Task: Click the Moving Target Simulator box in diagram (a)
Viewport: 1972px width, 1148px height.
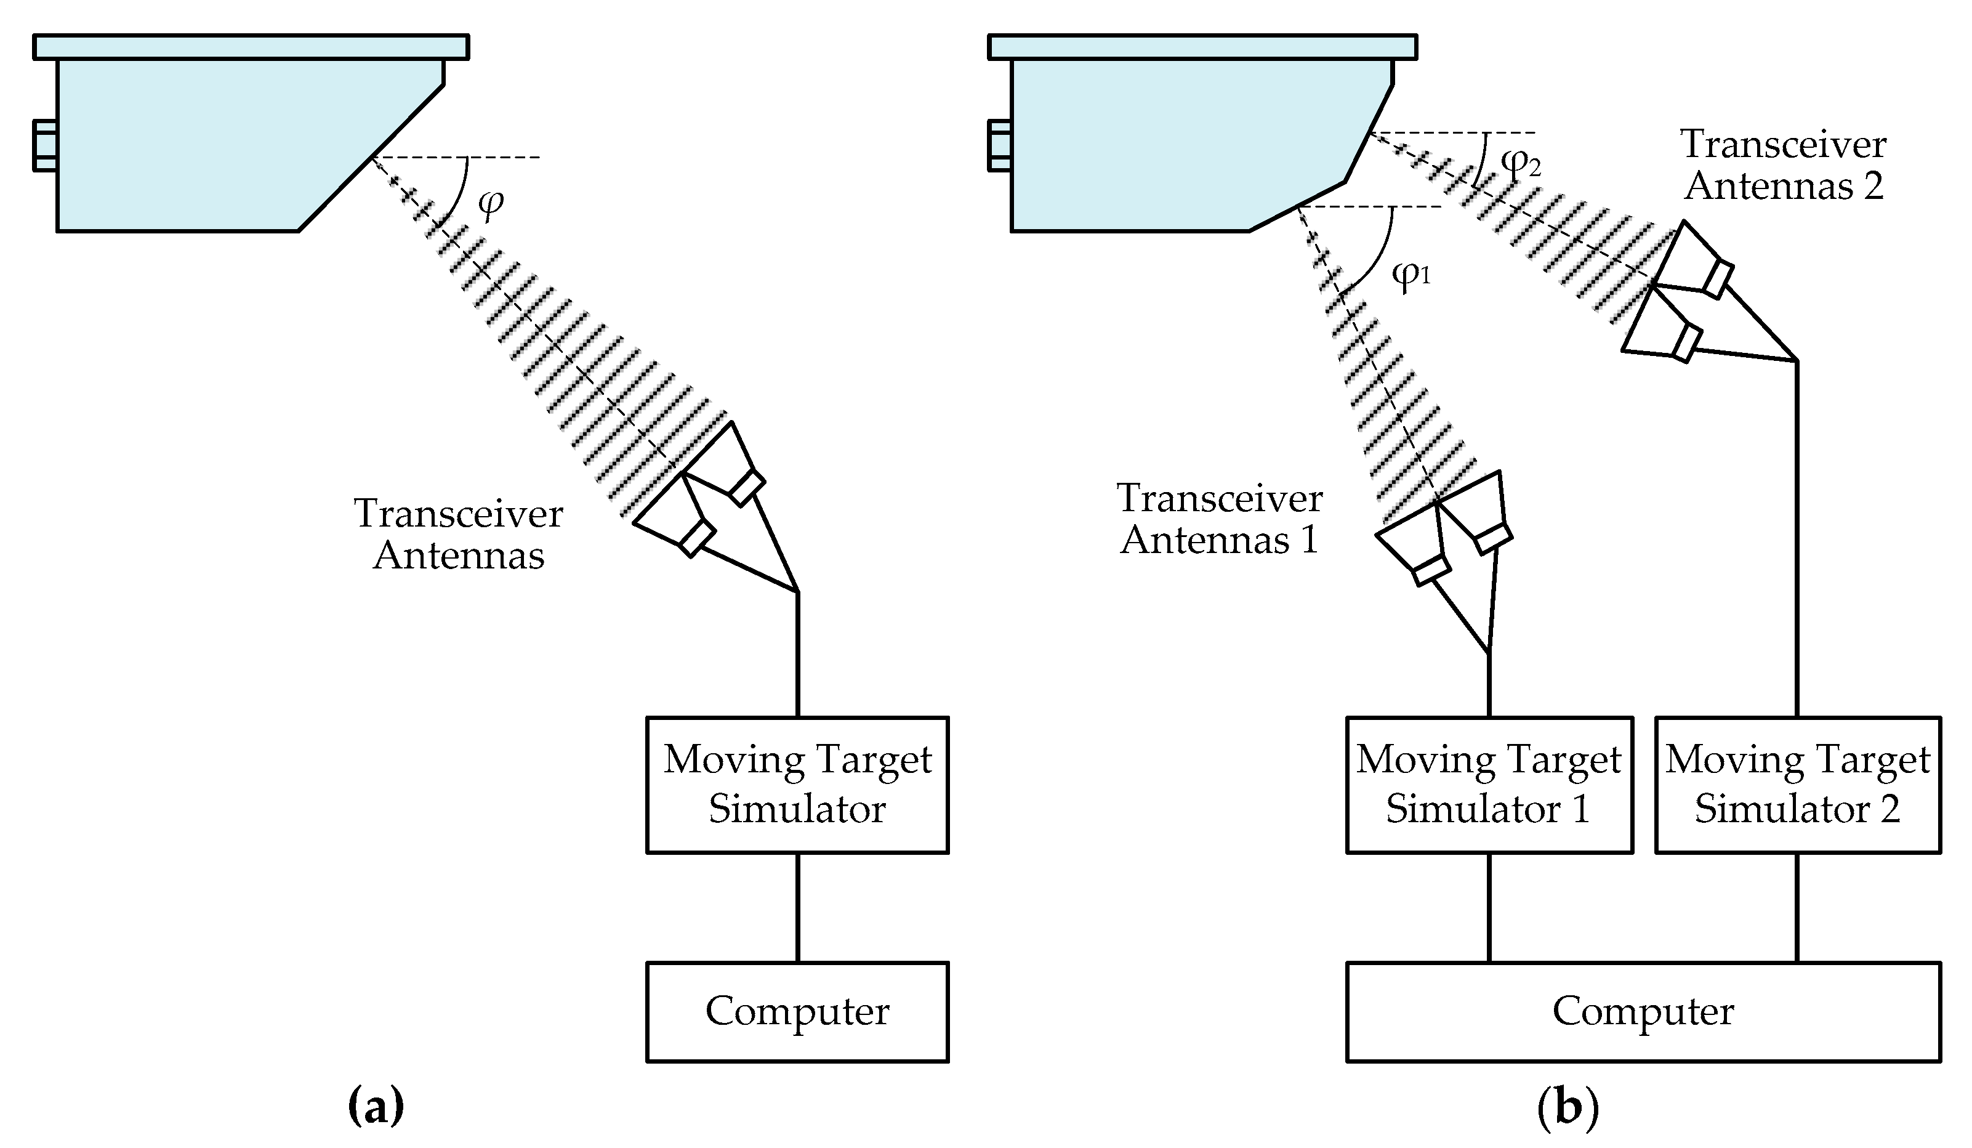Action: click(797, 785)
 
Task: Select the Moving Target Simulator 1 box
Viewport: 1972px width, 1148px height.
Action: click(1489, 785)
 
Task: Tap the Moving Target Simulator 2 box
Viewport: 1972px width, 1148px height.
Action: click(1798, 785)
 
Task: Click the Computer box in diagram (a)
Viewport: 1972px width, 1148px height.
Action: click(797, 1011)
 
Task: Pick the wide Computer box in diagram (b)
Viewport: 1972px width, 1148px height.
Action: click(1643, 1011)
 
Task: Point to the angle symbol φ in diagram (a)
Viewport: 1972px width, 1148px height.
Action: click(491, 203)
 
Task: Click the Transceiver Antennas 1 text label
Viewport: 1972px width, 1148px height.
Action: click(1219, 519)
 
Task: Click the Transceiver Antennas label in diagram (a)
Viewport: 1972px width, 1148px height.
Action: click(459, 535)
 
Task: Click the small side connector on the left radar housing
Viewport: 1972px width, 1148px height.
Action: click(44, 145)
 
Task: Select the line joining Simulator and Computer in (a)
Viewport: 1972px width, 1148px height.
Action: click(797, 908)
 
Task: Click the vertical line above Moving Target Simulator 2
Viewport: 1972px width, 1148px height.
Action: click(1797, 540)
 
